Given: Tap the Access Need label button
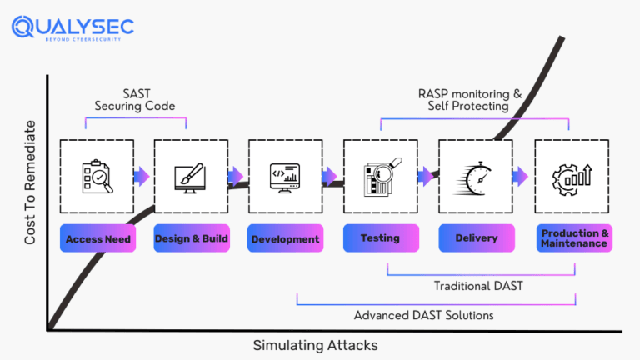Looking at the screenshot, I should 97,238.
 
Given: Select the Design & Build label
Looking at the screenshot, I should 192,238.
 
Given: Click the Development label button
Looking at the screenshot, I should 286,238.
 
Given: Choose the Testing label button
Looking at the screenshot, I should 380,238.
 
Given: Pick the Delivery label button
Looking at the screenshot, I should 476,238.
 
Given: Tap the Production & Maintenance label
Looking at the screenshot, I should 571,238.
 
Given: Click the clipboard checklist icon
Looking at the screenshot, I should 97,177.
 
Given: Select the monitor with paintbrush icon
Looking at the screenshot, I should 191,177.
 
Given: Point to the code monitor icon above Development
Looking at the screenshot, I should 285,177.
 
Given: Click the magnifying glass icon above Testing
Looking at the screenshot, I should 381,177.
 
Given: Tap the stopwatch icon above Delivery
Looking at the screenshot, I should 476,177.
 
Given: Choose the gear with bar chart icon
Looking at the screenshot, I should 571,177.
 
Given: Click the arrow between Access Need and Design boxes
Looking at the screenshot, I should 143,176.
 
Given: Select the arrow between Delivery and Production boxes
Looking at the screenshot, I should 522,176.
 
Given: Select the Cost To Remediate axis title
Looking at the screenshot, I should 30,182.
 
